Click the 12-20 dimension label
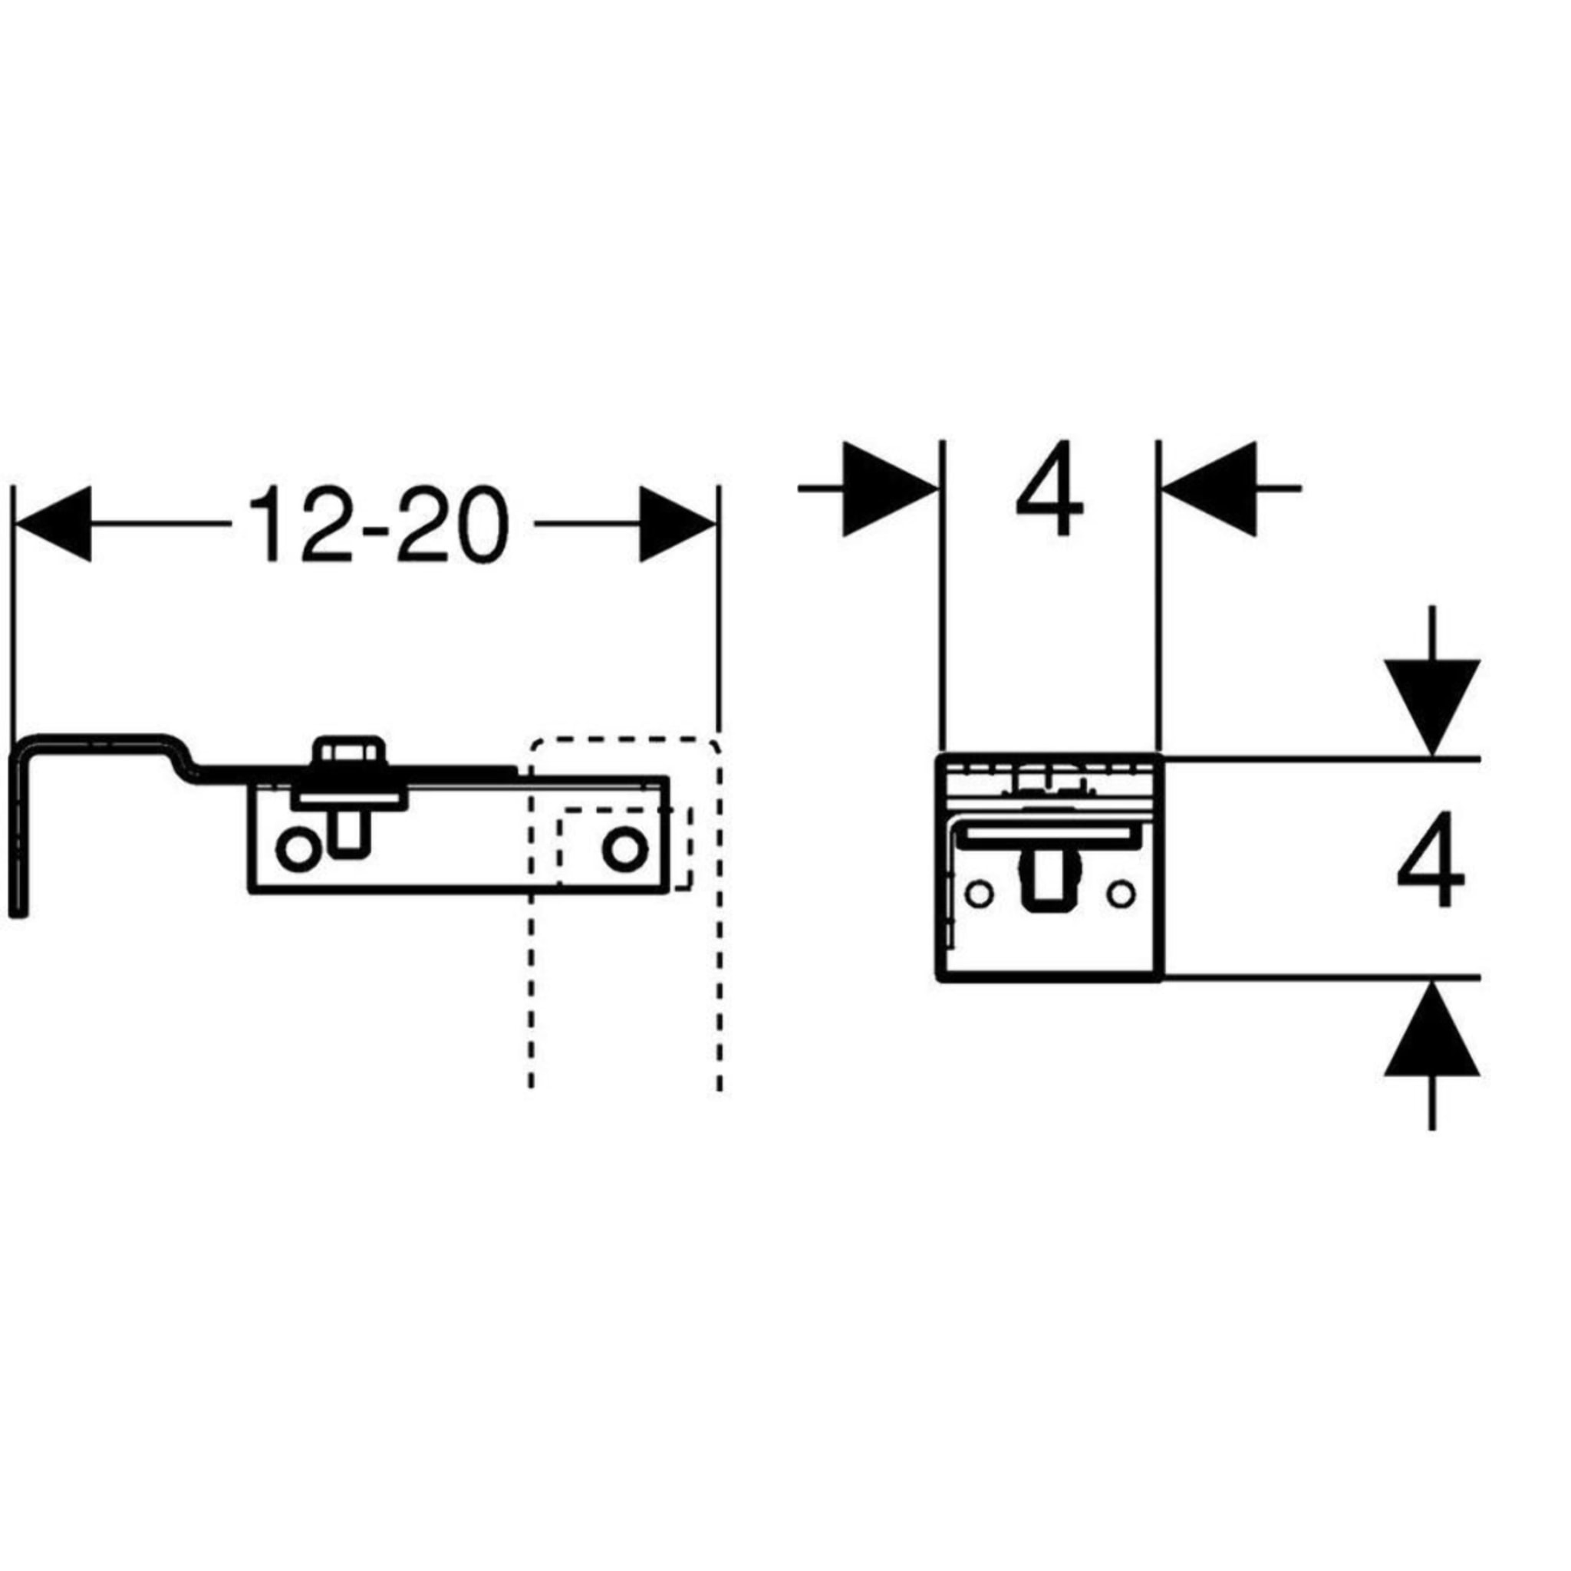pyautogui.click(x=379, y=525)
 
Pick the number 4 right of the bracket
pyautogui.click(x=1431, y=859)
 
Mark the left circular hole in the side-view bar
pyautogui.click(x=298, y=851)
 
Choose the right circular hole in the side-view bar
pyautogui.click(x=624, y=849)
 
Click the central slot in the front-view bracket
pyautogui.click(x=1050, y=889)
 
